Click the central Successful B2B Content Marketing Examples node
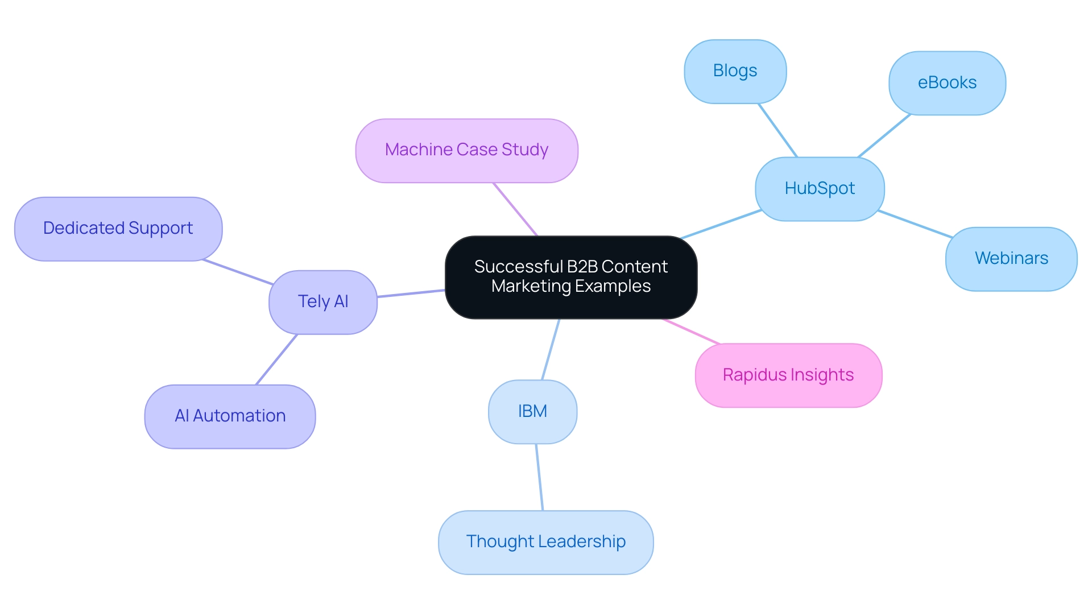coord(571,277)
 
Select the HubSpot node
coord(820,189)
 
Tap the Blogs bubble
coord(735,71)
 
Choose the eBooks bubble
coord(947,83)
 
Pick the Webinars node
coord(1011,259)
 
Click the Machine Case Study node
coord(466,150)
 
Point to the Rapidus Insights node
coord(788,375)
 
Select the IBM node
coord(532,411)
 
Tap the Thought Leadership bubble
coord(545,542)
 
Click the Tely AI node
coord(322,302)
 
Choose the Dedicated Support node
coord(118,229)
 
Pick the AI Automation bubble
coord(230,416)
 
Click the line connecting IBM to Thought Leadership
coord(540,477)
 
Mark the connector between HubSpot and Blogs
coord(778,130)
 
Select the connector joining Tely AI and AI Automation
coord(276,359)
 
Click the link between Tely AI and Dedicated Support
coord(238,272)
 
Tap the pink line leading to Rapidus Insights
coord(692,332)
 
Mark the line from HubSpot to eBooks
coord(884,136)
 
